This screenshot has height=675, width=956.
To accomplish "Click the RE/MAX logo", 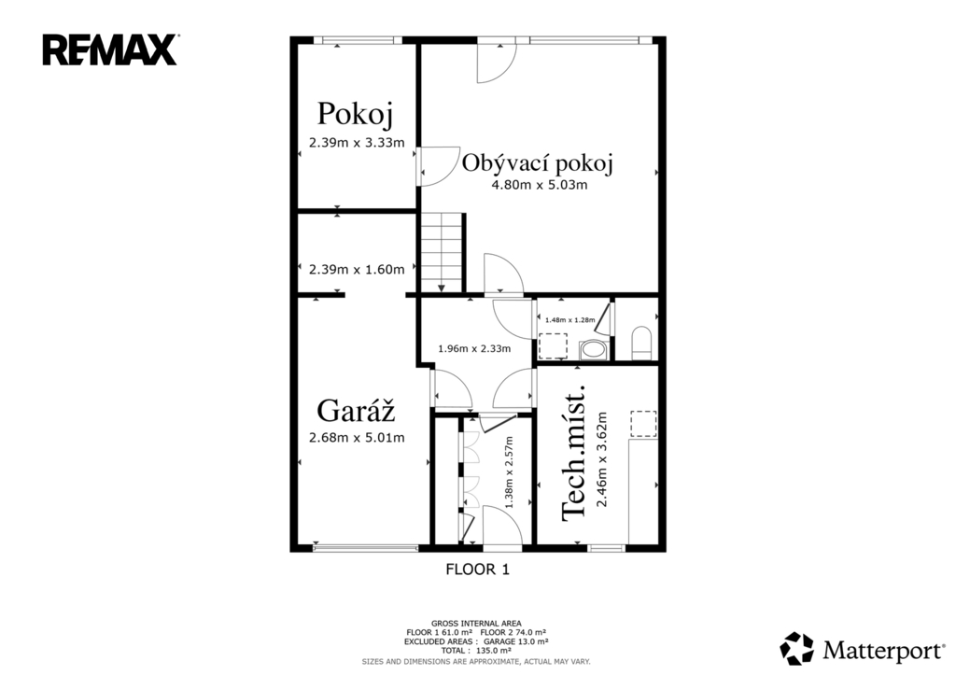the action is tap(110, 50).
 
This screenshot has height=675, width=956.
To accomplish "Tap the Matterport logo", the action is tap(862, 649).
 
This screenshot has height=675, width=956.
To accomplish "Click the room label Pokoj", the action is tap(355, 114).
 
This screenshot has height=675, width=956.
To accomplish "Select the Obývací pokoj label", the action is tap(537, 163).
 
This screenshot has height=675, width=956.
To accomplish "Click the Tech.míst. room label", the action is tap(573, 453).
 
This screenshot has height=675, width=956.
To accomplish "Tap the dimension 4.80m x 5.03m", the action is tap(540, 186).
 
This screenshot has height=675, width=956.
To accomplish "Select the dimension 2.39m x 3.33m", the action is tap(357, 143).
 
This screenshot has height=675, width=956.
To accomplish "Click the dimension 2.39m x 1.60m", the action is tap(357, 270).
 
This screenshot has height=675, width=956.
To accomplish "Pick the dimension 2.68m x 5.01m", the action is tap(357, 437).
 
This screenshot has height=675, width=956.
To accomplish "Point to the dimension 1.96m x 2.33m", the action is tap(474, 349).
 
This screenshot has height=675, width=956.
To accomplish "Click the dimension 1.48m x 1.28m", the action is tap(570, 319).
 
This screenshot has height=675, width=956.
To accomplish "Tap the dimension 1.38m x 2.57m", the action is tap(510, 472).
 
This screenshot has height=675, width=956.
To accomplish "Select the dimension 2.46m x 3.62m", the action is tap(602, 459).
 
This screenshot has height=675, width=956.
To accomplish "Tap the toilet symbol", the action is tap(641, 344).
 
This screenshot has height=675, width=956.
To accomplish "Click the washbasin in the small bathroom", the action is tap(591, 350).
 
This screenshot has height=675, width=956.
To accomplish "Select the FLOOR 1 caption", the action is tap(477, 570).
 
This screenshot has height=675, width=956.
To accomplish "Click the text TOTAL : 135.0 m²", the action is tap(476, 651).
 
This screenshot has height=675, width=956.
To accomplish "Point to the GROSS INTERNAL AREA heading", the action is tap(476, 623).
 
